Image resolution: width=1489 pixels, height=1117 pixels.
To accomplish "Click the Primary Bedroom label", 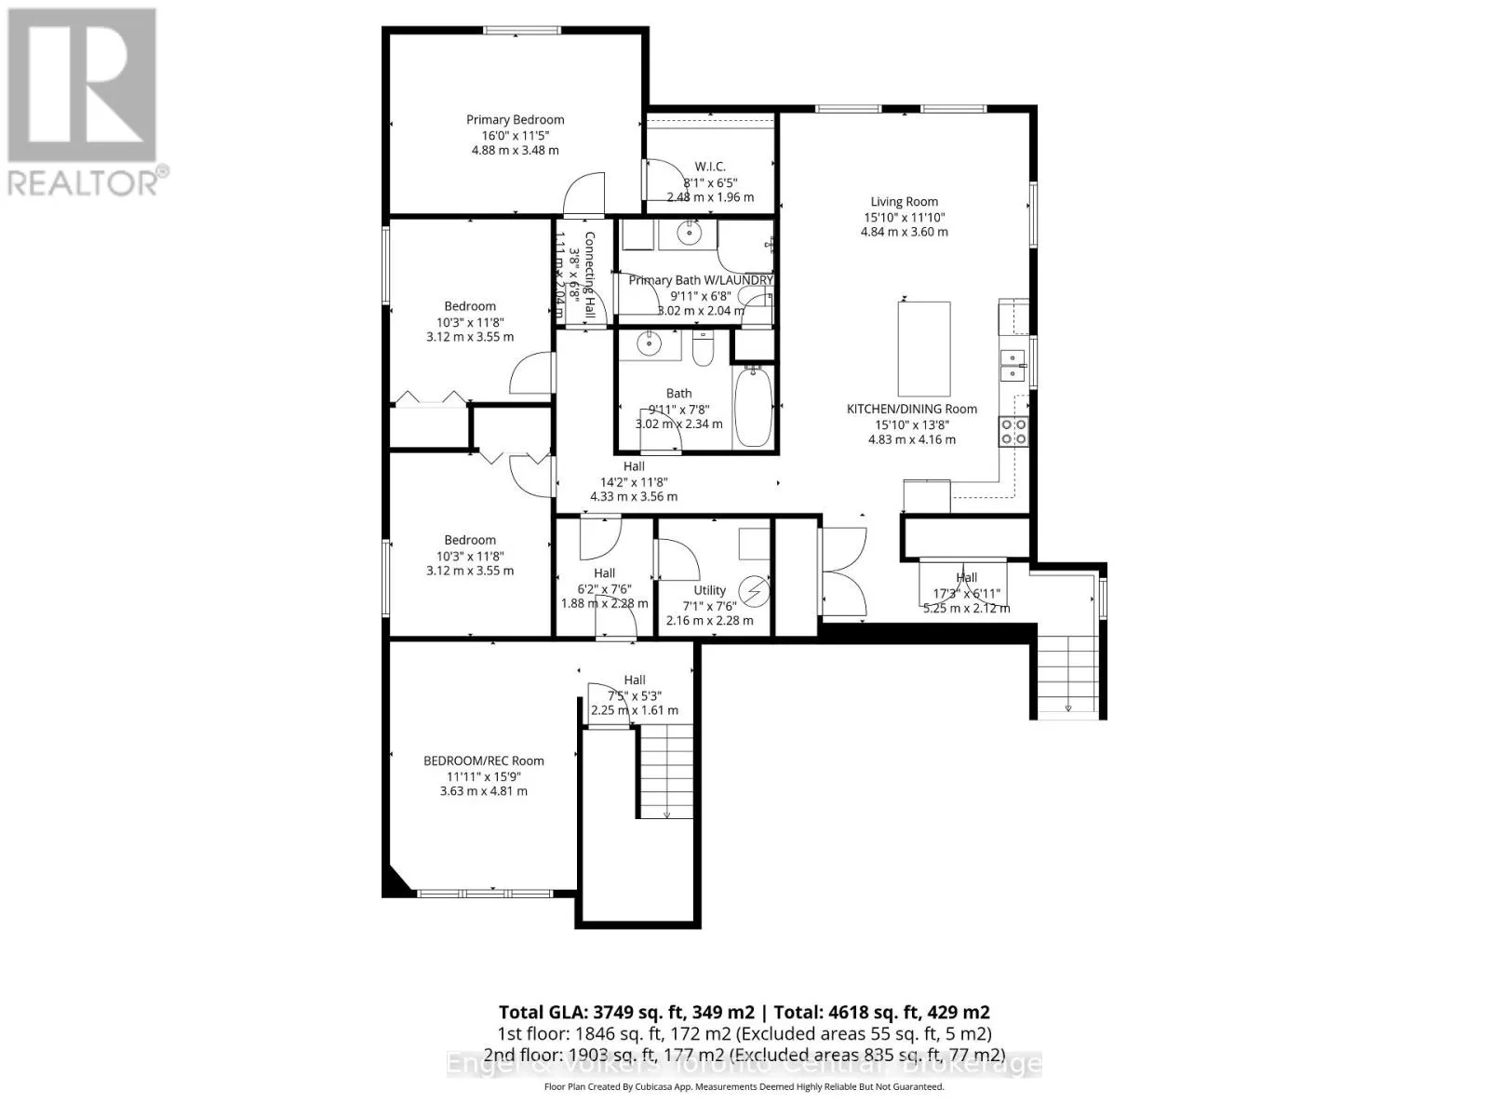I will pyautogui.click(x=515, y=119).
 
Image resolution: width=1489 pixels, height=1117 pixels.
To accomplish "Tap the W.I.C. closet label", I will pyautogui.click(x=710, y=167).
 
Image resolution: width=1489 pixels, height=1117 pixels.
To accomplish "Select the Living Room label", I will pyautogui.click(x=904, y=201).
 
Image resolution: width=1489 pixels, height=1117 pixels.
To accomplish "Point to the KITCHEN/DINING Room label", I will pyautogui.click(x=911, y=409).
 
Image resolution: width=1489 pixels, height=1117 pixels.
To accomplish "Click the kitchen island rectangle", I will pyautogui.click(x=923, y=349).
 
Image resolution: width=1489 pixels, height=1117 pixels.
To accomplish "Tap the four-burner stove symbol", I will pyautogui.click(x=1013, y=431).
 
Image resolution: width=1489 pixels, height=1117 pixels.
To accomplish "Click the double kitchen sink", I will pyautogui.click(x=1012, y=365).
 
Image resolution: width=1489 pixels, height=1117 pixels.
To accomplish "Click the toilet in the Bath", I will pyautogui.click(x=703, y=348).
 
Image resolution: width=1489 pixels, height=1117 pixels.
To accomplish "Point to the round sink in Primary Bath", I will pyautogui.click(x=690, y=234).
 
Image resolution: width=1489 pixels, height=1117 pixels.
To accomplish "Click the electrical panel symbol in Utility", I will pyautogui.click(x=754, y=591).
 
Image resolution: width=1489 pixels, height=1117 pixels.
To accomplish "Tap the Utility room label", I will pyautogui.click(x=709, y=590).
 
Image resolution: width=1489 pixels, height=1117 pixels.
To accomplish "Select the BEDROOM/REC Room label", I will pyautogui.click(x=483, y=760).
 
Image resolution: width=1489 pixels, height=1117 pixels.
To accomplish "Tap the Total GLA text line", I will pyautogui.click(x=744, y=1012).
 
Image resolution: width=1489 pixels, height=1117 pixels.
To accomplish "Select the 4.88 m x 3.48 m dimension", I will pyautogui.click(x=515, y=150).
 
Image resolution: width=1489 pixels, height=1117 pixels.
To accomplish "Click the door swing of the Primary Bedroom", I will pyautogui.click(x=584, y=193).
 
